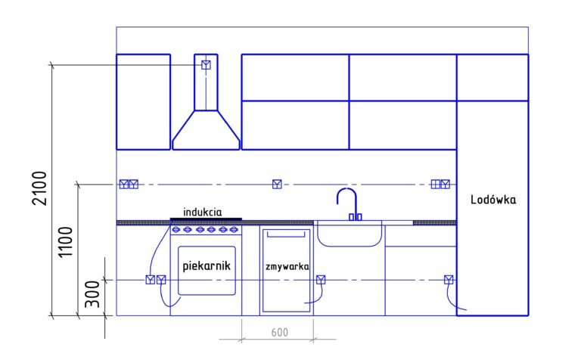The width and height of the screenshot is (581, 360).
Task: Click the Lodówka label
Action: (x=492, y=200)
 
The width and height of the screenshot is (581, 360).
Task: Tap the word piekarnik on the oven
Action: (x=207, y=265)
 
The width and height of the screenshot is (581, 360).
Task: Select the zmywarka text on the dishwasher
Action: (x=287, y=266)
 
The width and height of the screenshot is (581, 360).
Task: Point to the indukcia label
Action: (x=203, y=213)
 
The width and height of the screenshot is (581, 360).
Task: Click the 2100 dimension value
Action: (x=40, y=188)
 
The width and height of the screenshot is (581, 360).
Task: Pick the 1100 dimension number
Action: (x=66, y=242)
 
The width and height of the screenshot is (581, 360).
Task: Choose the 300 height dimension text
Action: (x=92, y=294)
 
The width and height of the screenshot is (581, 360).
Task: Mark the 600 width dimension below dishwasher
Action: (x=279, y=332)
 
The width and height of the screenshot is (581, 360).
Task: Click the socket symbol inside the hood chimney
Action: (x=206, y=65)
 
